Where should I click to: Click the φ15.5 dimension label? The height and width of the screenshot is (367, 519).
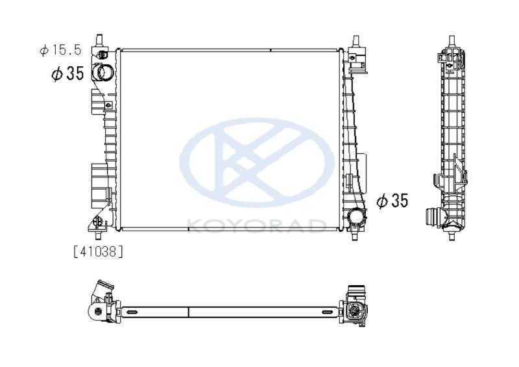(x=60, y=50)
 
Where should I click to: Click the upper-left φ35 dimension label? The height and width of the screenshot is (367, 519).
(x=67, y=73)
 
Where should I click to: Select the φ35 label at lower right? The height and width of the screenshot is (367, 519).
(x=392, y=201)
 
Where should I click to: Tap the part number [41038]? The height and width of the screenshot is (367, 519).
(x=98, y=252)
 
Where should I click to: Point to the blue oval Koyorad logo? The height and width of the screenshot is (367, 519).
(x=257, y=162)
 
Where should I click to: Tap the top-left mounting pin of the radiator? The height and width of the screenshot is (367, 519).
(x=99, y=40)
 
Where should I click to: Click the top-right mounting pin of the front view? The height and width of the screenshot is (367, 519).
(x=356, y=42)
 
